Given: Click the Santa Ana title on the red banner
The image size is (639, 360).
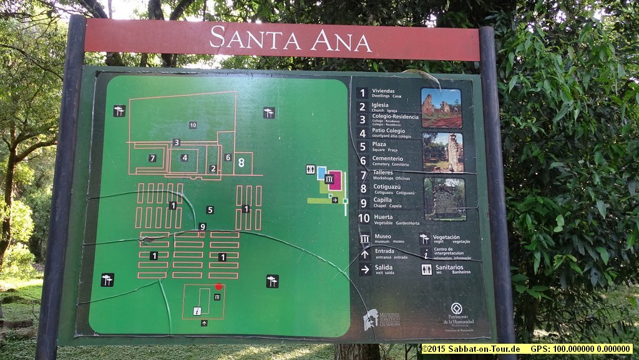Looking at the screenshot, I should (x=290, y=38).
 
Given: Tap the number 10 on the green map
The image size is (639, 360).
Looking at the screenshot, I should (x=193, y=125).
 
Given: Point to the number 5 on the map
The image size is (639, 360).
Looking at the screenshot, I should (x=210, y=210).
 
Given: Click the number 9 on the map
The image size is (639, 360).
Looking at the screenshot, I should (x=203, y=226).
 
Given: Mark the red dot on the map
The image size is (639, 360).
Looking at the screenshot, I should (x=218, y=286).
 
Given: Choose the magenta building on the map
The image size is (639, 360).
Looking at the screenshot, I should (x=335, y=180).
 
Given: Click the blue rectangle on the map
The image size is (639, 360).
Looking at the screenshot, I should (x=321, y=173).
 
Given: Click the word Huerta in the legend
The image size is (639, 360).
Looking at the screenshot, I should (x=384, y=217).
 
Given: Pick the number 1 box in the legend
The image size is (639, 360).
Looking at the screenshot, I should (x=362, y=93).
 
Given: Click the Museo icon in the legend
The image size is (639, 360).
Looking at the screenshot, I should (x=365, y=238).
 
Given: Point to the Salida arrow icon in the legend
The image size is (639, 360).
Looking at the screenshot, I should (x=365, y=270).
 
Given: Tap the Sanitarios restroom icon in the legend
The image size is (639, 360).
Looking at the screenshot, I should (x=426, y=270).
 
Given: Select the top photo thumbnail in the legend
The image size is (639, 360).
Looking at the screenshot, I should (x=441, y=108).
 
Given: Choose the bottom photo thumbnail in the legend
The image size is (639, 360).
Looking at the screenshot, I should (x=444, y=199).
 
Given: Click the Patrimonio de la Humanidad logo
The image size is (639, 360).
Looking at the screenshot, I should (x=457, y=309).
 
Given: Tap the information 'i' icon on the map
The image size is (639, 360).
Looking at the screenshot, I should (x=197, y=311).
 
